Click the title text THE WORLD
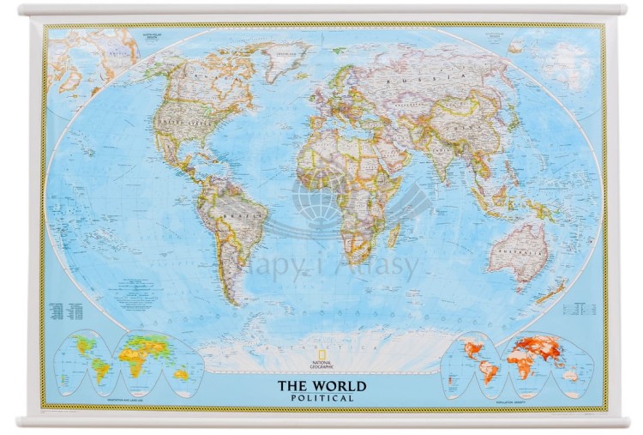coord(321,386)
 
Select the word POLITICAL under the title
coord(321,398)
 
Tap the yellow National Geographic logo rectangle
coord(321,359)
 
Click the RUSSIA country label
coord(408,79)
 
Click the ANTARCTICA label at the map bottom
coord(321,348)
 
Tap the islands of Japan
coord(513,125)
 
